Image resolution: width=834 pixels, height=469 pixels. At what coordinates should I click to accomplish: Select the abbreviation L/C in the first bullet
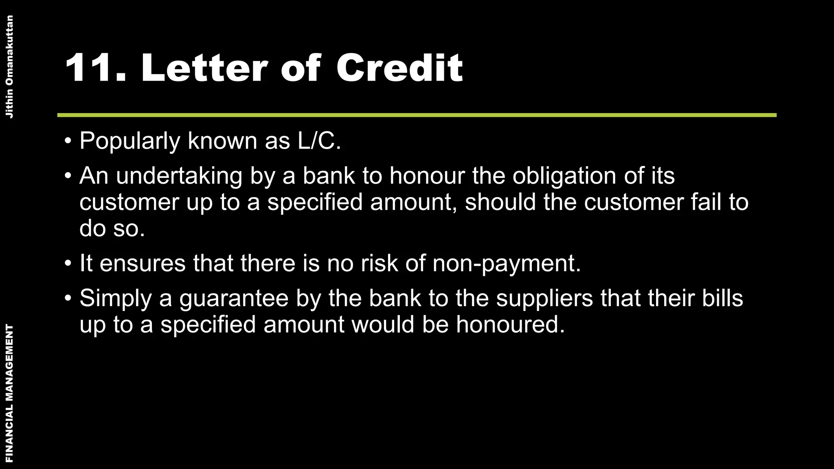(x=316, y=141)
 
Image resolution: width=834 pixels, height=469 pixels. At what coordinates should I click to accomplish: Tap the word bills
(x=722, y=298)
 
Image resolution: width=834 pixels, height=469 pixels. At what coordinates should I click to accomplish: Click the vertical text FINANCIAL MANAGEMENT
(x=10, y=393)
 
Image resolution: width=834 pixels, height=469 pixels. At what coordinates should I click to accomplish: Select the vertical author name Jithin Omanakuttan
(x=10, y=67)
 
